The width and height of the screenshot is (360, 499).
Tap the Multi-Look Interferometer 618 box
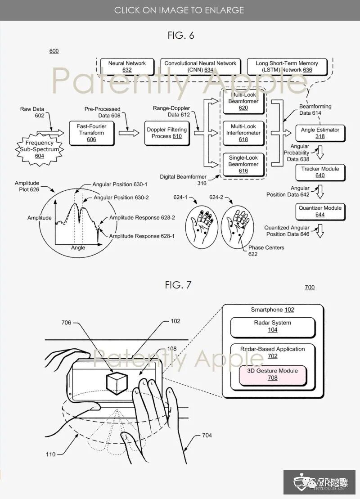pyautogui.click(x=243, y=133)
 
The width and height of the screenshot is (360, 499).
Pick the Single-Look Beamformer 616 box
pyautogui.click(x=243, y=164)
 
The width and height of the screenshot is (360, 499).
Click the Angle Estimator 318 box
pyautogui.click(x=320, y=133)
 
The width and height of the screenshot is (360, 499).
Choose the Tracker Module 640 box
pyautogui.click(x=320, y=172)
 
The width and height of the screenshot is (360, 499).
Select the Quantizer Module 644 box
pyautogui.click(x=320, y=211)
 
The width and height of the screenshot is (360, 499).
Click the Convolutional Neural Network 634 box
pyautogui.click(x=200, y=66)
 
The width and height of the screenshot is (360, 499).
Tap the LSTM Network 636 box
pyautogui.click(x=287, y=66)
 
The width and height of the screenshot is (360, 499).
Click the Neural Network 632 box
pyautogui.click(x=127, y=66)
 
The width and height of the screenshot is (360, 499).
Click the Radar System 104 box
pyautogui.click(x=273, y=326)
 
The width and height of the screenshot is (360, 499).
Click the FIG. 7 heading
pyautogui.click(x=179, y=285)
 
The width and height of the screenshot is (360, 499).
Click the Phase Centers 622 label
pyautogui.click(x=266, y=251)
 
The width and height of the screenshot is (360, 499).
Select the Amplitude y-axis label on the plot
pyautogui.click(x=40, y=217)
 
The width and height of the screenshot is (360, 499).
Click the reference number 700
pyautogui.click(x=310, y=287)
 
